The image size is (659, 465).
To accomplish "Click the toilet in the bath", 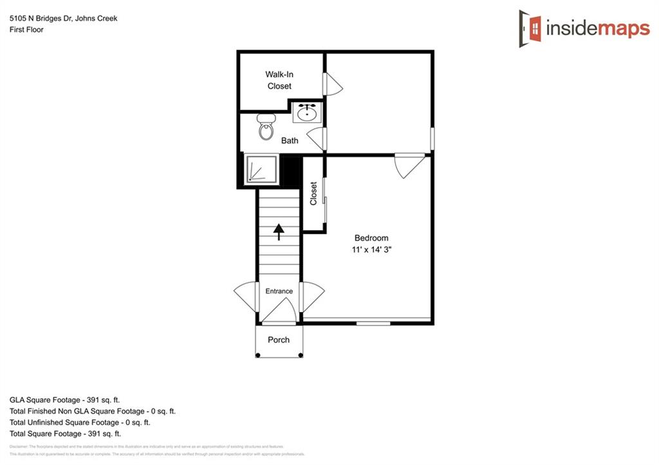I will pyautogui.click(x=266, y=127).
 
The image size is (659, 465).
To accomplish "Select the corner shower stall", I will pyautogui.click(x=260, y=170).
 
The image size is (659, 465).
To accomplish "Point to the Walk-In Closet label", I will pyautogui.click(x=279, y=80).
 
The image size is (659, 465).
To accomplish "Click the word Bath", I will pyautogui.click(x=290, y=141).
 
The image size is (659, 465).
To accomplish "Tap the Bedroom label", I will pyautogui.click(x=371, y=238).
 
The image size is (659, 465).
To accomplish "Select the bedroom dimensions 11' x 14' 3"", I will pyautogui.click(x=371, y=250).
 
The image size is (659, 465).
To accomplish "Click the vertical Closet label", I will pyautogui.click(x=314, y=194).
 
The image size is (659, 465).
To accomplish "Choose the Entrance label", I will pyautogui.click(x=279, y=291).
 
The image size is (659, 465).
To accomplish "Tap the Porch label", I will pyautogui.click(x=279, y=340).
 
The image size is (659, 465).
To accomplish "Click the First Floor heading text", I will pyautogui.click(x=26, y=30).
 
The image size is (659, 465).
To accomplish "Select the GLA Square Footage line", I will pyautogui.click(x=64, y=400).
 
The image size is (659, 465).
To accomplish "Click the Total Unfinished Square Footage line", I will pyautogui.click(x=80, y=423).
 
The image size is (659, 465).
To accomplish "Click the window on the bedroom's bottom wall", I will pyautogui.click(x=373, y=323).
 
